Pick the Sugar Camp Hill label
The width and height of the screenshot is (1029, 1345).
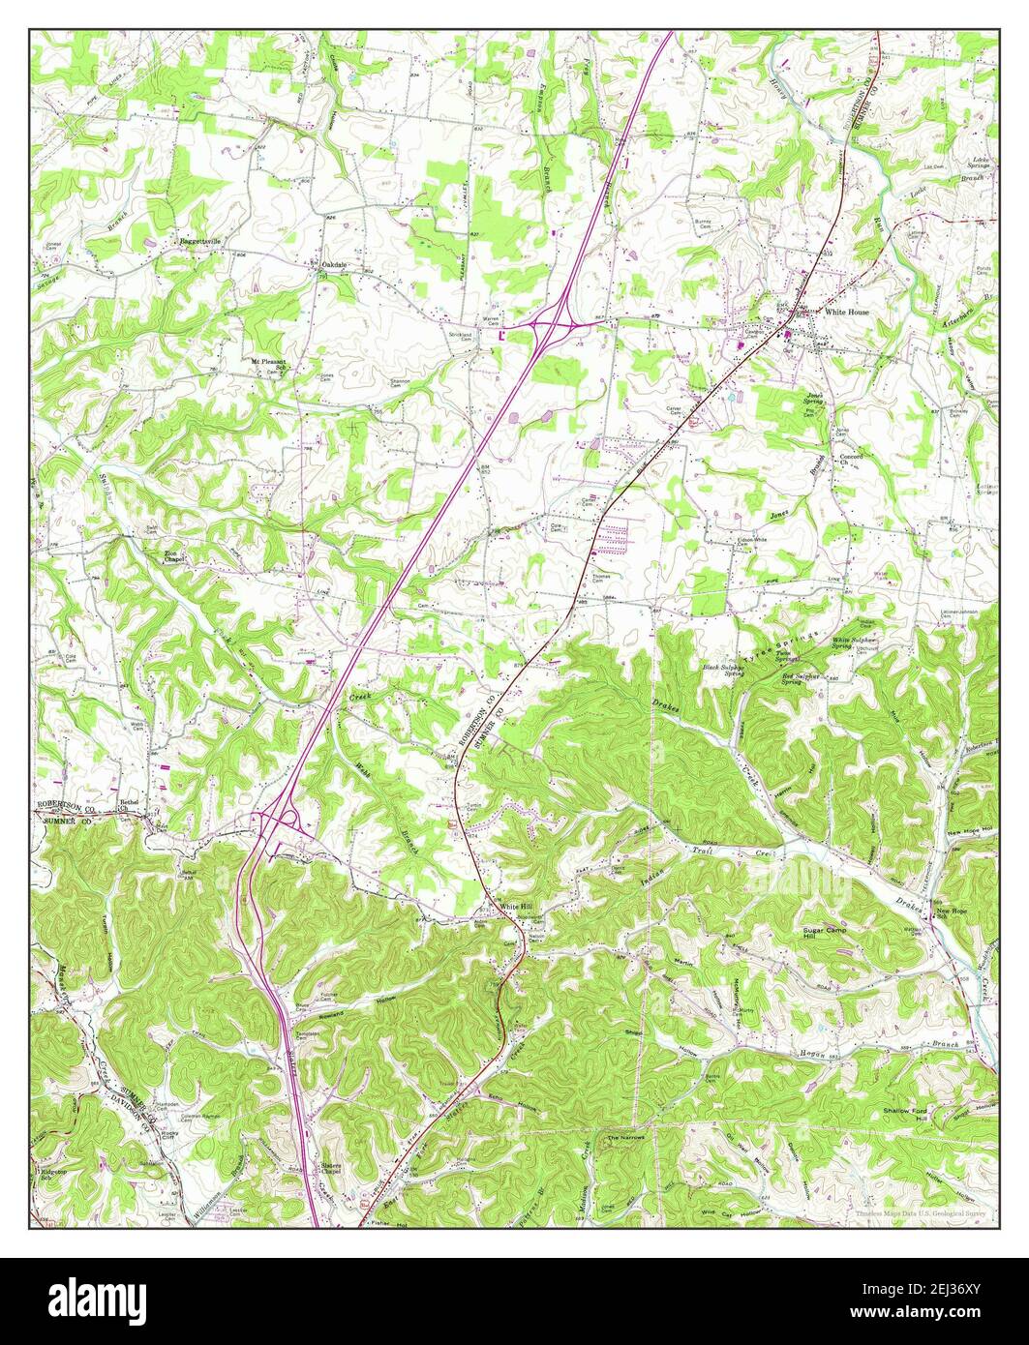click(x=826, y=933)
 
